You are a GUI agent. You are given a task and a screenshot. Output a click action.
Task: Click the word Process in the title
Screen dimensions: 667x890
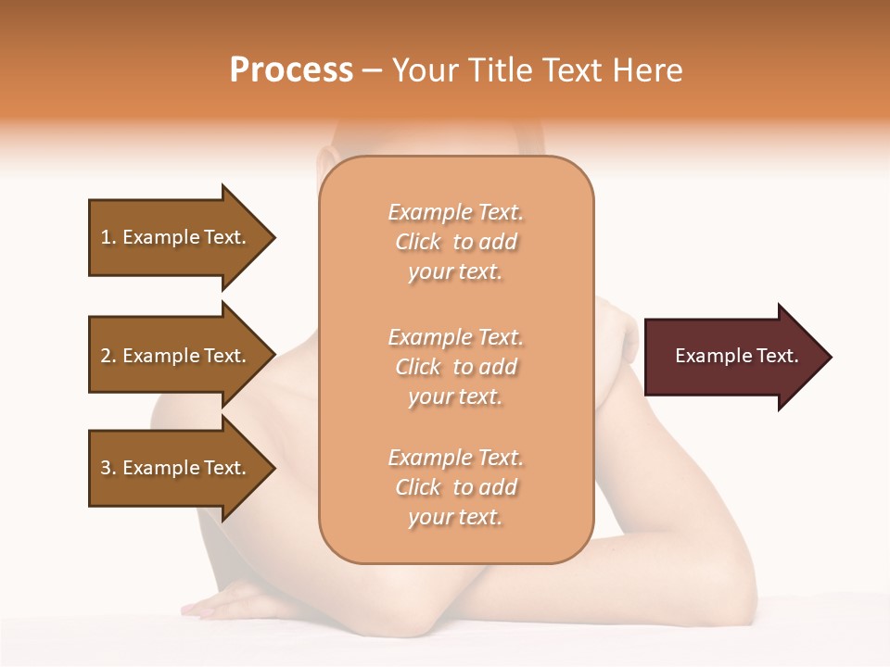coord(291,70)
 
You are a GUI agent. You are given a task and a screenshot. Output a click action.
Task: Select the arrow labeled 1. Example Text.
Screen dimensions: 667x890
coord(181,237)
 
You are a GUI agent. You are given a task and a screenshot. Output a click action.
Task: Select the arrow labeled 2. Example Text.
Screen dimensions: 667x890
coord(181,356)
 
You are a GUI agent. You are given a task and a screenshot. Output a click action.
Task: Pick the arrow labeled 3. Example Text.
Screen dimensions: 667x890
coord(181,468)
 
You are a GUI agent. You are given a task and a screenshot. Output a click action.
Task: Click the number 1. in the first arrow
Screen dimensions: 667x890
coord(108,237)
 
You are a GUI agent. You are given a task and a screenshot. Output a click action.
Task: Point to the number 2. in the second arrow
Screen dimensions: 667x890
coord(108,356)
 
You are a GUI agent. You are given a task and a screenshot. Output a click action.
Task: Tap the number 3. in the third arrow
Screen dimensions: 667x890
coord(108,468)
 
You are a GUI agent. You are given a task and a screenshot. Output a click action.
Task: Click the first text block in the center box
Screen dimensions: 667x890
coord(455,242)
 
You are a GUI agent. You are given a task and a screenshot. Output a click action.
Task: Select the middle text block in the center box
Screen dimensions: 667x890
coord(455,366)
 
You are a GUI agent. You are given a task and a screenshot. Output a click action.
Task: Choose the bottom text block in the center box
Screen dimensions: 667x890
coord(455,487)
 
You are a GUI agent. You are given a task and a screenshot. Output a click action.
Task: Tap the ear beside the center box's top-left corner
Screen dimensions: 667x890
coord(322,167)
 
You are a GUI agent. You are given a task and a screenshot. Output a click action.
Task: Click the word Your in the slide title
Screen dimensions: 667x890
coord(426,70)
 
